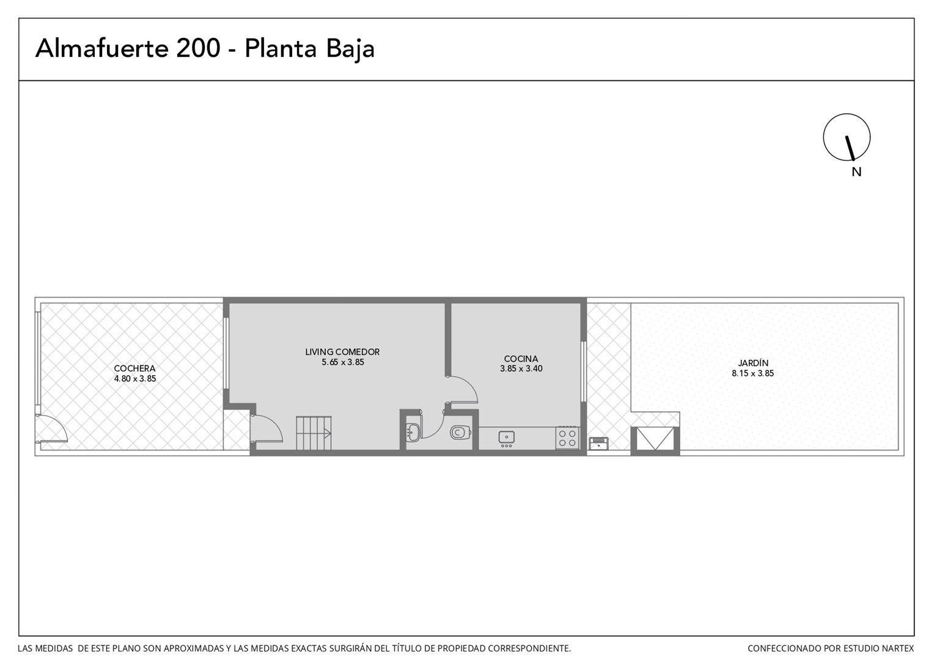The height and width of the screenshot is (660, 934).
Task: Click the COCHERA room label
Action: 134,369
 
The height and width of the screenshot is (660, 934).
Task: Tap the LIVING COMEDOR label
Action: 342,352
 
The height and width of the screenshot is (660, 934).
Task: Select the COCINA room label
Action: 521,359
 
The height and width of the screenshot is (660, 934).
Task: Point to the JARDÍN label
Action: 752,363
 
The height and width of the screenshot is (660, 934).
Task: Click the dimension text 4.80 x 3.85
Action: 135,379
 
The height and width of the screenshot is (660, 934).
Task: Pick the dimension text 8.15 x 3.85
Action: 752,373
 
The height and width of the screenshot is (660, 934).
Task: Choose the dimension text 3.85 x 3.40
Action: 521,369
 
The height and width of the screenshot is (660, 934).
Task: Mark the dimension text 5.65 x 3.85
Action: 343,362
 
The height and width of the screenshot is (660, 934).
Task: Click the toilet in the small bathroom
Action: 460,432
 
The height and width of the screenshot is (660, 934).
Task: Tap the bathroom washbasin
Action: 413,431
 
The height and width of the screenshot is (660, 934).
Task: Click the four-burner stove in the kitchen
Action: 567,438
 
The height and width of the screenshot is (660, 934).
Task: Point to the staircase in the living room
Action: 314,433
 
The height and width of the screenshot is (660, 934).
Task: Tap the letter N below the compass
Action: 856,172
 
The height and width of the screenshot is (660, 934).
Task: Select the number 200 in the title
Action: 198,48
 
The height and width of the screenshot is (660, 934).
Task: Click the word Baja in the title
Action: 350,50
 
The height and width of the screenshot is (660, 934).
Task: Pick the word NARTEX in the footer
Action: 899,648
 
